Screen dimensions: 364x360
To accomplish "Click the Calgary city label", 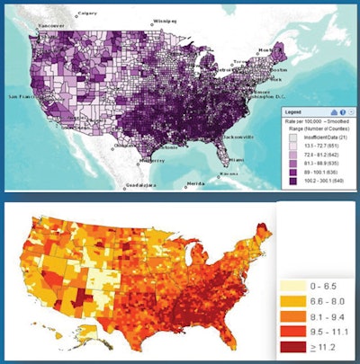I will pos(87,13).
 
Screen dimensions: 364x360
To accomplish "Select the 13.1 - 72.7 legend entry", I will pos(316,143).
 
